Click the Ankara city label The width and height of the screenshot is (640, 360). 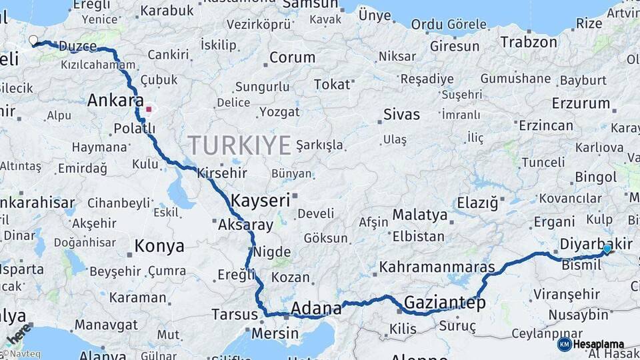point(115,101)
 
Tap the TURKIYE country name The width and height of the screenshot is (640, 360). point(239,145)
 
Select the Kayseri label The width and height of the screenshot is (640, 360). point(260,200)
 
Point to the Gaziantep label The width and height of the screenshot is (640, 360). point(444,302)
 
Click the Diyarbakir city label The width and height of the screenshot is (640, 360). point(596,244)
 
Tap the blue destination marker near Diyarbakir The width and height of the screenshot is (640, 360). point(607,249)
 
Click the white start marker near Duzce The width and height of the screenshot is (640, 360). point(33,41)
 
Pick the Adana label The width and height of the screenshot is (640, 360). point(316,309)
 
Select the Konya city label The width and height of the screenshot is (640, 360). point(159,246)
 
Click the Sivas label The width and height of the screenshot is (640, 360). point(401,114)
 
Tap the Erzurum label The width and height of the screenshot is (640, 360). point(581,103)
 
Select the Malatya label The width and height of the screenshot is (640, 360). point(419,215)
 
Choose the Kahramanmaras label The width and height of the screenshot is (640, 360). point(437,267)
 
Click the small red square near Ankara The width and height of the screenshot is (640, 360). point(149,109)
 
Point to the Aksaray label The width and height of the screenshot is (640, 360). point(245,225)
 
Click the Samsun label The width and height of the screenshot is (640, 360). point(310,4)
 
